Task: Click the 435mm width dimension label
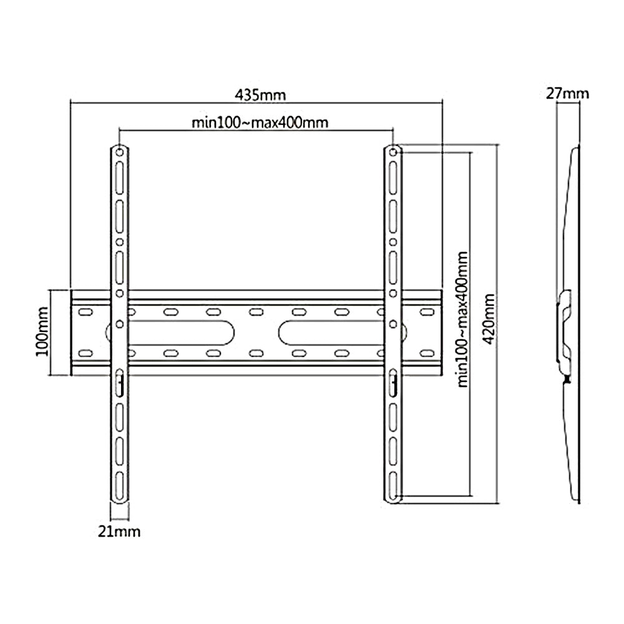pos(260,95)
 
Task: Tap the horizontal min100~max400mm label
pos(260,122)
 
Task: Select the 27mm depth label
pos(567,94)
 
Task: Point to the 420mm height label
pos(489,319)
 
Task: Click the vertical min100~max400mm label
pos(462,319)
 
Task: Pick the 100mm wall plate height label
pos(42,331)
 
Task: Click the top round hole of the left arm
pos(119,152)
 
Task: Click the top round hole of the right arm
pos(392,152)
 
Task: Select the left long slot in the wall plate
pos(181,333)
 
